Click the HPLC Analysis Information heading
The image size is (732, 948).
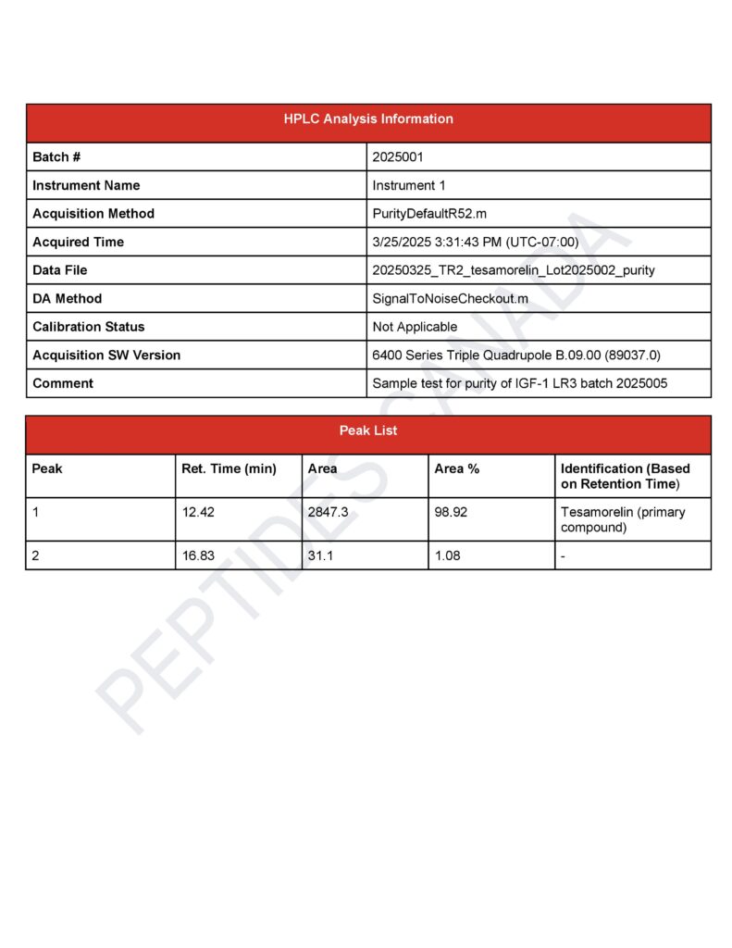pyautogui.click(x=368, y=119)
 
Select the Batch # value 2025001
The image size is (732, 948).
pyautogui.click(x=398, y=157)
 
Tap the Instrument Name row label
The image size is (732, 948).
pyautogui.click(x=86, y=185)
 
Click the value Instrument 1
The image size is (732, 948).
pyautogui.click(x=409, y=185)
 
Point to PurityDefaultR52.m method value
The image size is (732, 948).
pyautogui.click(x=429, y=214)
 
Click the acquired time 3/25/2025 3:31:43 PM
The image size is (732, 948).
pyautogui.click(x=475, y=243)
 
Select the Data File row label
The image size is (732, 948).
pyautogui.click(x=60, y=270)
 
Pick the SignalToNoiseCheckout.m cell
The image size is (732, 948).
pyautogui.click(x=450, y=299)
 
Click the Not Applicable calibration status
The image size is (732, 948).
pyautogui.click(x=415, y=327)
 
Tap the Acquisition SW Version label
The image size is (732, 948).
pyautogui.click(x=106, y=355)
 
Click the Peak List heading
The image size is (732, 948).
pyautogui.click(x=368, y=431)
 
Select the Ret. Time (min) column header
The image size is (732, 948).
pyautogui.click(x=229, y=468)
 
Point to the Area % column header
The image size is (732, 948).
pyautogui.click(x=457, y=468)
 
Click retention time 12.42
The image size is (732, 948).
pyautogui.click(x=198, y=512)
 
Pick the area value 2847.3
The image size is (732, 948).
pyautogui.click(x=328, y=512)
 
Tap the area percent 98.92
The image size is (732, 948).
pyautogui.click(x=451, y=512)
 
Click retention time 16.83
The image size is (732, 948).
pyautogui.click(x=198, y=555)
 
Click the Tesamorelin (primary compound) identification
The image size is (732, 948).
pyautogui.click(x=623, y=519)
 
